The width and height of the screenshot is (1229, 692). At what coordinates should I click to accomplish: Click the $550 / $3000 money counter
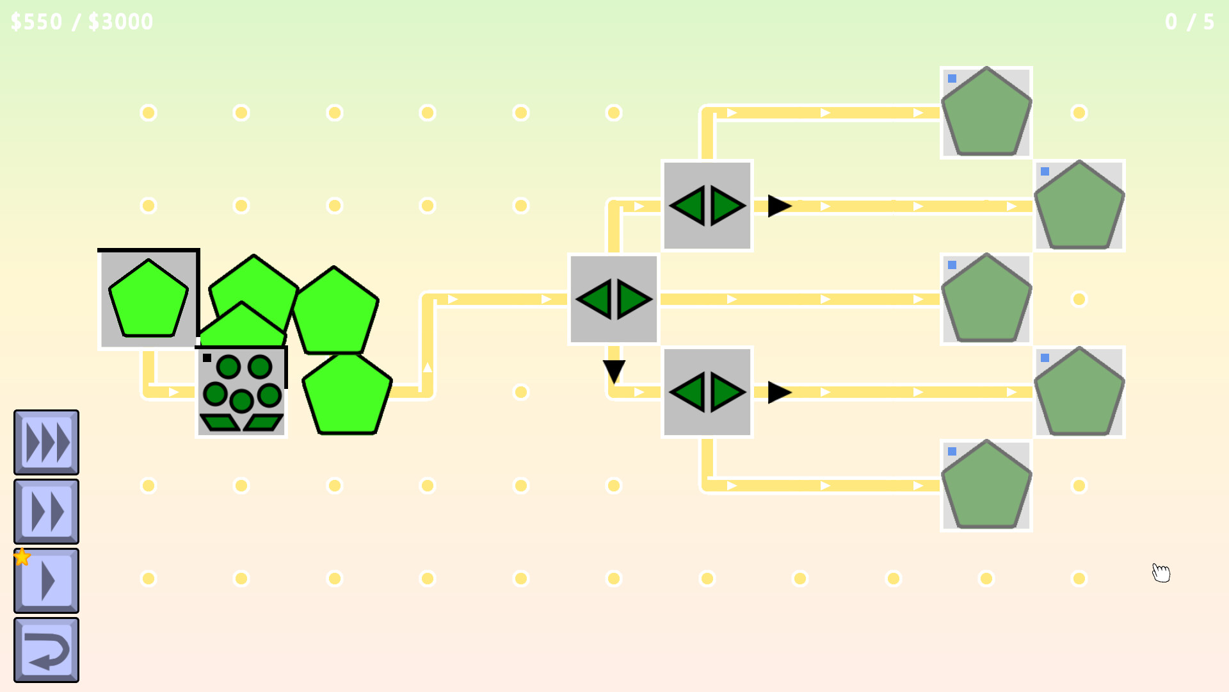(82, 22)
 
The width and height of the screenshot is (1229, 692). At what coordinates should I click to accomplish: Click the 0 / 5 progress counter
(1189, 22)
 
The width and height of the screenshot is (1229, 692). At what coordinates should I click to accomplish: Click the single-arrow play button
(46, 581)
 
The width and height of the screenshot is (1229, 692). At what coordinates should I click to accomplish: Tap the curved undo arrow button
(46, 650)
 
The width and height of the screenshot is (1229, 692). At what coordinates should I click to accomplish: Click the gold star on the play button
(22, 557)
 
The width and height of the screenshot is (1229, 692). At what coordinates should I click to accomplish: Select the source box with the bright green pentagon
(149, 299)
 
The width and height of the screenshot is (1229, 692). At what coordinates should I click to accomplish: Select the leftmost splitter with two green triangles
(614, 299)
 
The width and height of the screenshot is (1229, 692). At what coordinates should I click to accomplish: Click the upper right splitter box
(707, 206)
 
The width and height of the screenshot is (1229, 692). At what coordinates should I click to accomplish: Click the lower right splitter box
(707, 392)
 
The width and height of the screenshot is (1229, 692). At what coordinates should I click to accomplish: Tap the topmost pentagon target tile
(986, 113)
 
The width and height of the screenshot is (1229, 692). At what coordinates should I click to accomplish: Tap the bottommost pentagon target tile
(986, 486)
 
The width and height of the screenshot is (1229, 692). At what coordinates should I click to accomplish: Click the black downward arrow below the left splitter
(614, 371)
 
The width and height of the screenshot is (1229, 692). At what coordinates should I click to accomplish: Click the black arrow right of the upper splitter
(779, 206)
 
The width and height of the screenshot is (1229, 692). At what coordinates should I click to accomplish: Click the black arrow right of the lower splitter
(779, 392)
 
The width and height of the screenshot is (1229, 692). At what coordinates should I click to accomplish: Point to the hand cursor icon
(1161, 572)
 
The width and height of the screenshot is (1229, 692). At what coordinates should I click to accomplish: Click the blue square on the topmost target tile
(952, 79)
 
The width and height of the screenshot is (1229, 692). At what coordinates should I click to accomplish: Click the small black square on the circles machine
(207, 358)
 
